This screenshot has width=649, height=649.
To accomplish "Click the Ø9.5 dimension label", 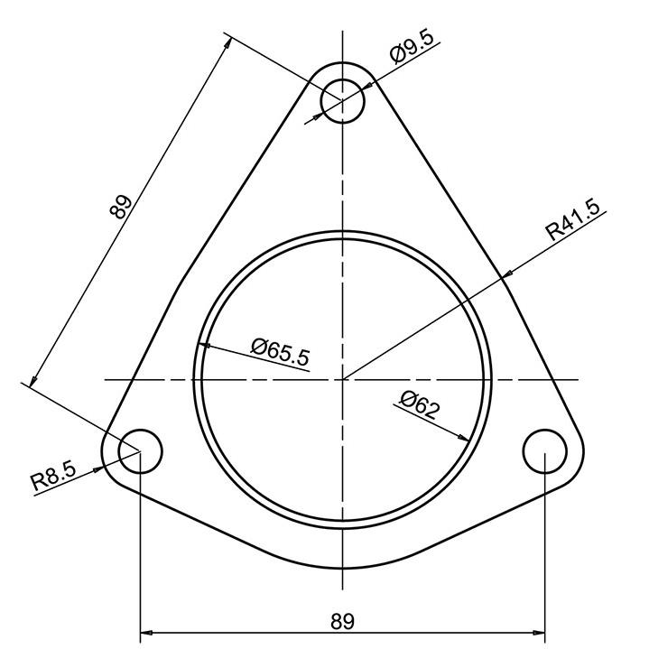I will click(413, 50).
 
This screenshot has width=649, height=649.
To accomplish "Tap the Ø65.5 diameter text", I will click(281, 351).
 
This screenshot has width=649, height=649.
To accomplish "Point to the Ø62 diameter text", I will click(419, 404).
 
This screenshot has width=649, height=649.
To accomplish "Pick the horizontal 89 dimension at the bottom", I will click(342, 620).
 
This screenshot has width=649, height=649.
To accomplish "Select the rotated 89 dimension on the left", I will click(121, 207).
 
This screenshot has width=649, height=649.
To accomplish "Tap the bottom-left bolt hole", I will click(140, 450).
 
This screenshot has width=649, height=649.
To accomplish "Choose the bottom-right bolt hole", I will click(545, 450).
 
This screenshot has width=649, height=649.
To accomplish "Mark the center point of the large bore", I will click(343, 379).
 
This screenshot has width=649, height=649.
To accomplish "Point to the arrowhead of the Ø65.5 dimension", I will click(203, 345).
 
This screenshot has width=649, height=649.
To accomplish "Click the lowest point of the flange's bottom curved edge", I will click(343, 570).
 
